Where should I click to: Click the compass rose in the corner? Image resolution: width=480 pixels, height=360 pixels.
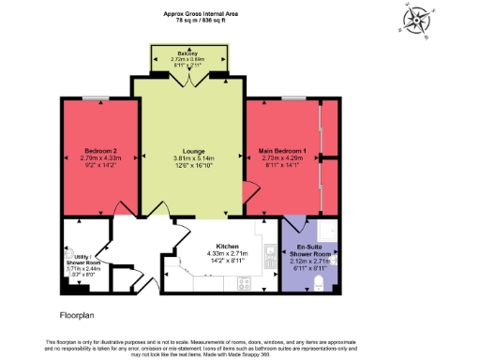point(415,20)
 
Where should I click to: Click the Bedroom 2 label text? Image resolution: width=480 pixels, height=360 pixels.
point(100,151)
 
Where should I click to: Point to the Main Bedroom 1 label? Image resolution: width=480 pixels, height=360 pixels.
point(282,150)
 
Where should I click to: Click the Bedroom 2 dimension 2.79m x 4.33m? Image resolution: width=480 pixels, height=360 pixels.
point(100,158)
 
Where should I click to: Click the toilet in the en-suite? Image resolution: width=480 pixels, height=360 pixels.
point(320,281)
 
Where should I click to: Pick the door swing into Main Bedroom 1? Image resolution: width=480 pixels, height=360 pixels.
point(249,192)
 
